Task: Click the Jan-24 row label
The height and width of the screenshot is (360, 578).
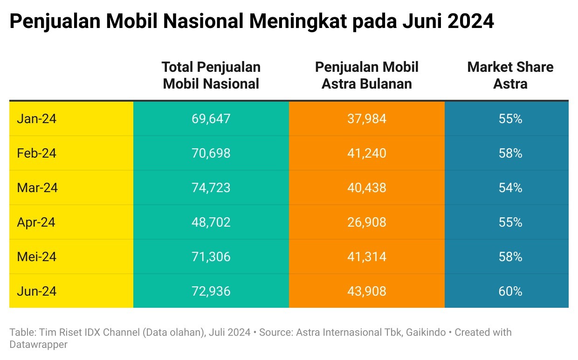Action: click(x=36, y=119)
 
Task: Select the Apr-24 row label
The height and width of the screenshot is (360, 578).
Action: click(x=36, y=222)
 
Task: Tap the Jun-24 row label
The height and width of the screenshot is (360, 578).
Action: click(x=36, y=291)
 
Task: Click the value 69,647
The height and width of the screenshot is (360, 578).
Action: click(x=211, y=119)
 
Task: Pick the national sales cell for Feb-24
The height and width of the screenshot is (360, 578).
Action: click(x=211, y=153)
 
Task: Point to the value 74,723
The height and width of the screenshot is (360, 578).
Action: click(x=211, y=188)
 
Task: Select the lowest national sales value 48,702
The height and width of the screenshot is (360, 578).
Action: click(x=211, y=222)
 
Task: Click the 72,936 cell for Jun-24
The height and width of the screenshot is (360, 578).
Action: click(x=211, y=291)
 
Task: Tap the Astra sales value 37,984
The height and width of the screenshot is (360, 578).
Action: click(x=366, y=119)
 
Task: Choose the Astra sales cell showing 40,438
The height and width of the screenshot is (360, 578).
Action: click(x=366, y=188)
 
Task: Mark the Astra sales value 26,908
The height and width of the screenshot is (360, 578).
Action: click(x=366, y=222)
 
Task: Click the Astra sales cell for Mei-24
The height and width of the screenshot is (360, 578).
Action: click(x=366, y=257)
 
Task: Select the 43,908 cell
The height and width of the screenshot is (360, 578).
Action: click(x=366, y=291)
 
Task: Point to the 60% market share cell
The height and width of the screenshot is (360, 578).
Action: click(x=510, y=291)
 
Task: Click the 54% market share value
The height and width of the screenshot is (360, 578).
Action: click(x=510, y=188)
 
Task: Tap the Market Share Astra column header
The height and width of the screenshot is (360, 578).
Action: click(x=510, y=75)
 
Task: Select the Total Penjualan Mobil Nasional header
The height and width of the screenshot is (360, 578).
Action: click(x=211, y=75)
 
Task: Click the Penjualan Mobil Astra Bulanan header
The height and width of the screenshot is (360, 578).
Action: click(x=366, y=75)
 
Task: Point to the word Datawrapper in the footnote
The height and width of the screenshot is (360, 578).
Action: click(x=38, y=345)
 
